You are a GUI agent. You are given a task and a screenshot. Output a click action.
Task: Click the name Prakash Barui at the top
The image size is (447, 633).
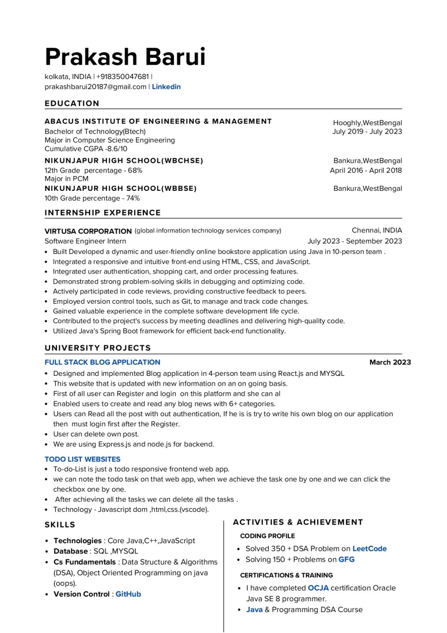click(x=125, y=57)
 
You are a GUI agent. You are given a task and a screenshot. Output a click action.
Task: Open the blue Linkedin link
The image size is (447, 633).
click(x=166, y=87)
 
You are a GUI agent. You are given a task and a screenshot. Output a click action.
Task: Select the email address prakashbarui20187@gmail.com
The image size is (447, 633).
click(x=95, y=87)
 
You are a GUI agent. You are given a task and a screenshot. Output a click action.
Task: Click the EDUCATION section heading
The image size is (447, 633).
click(x=72, y=103)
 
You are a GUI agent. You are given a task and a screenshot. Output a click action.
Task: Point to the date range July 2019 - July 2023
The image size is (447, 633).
click(x=367, y=131)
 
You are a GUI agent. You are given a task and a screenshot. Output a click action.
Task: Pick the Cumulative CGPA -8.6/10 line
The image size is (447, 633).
click(x=86, y=149)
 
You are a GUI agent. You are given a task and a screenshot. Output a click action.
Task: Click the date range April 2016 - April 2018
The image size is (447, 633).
click(x=366, y=170)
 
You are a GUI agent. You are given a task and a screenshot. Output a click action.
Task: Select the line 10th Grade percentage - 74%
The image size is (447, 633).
click(x=92, y=198)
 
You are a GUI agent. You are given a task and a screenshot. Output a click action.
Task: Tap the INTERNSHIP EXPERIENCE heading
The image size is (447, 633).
click(x=103, y=213)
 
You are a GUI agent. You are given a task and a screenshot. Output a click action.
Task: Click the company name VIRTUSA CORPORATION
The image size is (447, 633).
click(x=88, y=231)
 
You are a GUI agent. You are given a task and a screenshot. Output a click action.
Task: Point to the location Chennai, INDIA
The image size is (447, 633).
click(x=377, y=230)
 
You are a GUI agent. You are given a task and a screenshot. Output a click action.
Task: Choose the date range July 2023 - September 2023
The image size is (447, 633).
click(x=355, y=241)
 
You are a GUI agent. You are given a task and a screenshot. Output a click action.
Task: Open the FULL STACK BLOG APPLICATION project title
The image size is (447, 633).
click(x=102, y=362)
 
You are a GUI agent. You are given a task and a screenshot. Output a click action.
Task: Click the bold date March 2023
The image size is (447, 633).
click(x=390, y=362)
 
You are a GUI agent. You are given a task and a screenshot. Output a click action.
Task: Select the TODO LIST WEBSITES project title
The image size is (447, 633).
click(x=83, y=459)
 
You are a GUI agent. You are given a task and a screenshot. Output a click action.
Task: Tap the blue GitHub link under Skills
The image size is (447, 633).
click(x=128, y=594)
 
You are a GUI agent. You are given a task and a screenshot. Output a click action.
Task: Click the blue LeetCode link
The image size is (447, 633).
click(x=370, y=549)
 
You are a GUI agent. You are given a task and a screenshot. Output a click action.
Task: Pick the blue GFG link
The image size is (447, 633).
click(x=347, y=559)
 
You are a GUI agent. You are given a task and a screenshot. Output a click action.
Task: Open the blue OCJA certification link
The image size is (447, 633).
click(x=318, y=588)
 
